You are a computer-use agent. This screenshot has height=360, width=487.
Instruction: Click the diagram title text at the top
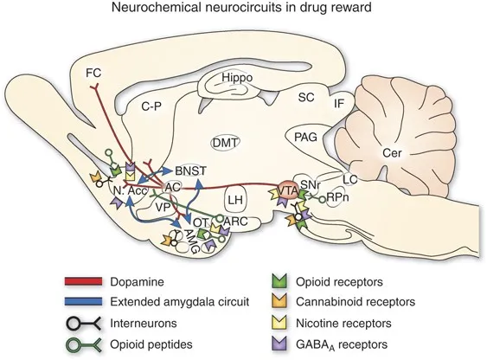[243, 10]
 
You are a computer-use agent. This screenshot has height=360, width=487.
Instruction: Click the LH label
[234, 200]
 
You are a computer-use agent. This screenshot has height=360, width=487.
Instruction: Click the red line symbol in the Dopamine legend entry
[85, 281]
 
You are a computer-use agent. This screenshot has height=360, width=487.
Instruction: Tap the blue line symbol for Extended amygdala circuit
[85, 302]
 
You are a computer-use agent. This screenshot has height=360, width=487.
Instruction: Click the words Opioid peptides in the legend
[153, 344]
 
